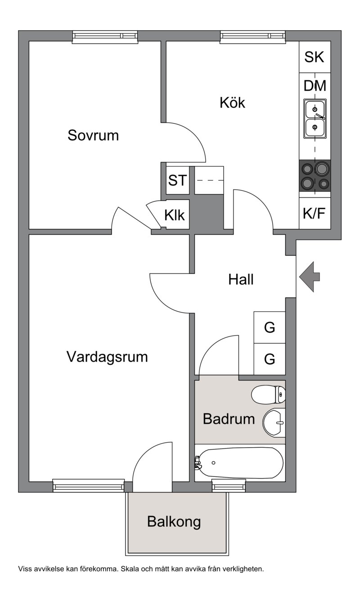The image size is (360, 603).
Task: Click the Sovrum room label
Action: tap(93, 135)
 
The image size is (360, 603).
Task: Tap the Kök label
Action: tap(232, 103)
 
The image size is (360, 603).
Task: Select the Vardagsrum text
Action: tap(107, 357)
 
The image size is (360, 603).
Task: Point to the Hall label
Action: tap(241, 279)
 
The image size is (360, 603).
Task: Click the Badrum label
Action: tap(229, 419)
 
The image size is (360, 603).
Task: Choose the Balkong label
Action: tap(174, 522)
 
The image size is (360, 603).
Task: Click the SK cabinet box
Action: tap(315, 57)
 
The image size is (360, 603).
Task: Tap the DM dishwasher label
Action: tap(315, 86)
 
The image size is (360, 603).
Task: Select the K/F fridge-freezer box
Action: tap(314, 213)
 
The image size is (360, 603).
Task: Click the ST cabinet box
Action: tap(177, 181)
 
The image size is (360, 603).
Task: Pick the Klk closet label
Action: tap(175, 215)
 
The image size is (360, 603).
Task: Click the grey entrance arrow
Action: tap(309, 277)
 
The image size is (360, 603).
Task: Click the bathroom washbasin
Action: tap(274, 422)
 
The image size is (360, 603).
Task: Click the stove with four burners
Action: tap(315, 176)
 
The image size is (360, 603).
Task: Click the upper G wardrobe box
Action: tap(270, 327)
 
